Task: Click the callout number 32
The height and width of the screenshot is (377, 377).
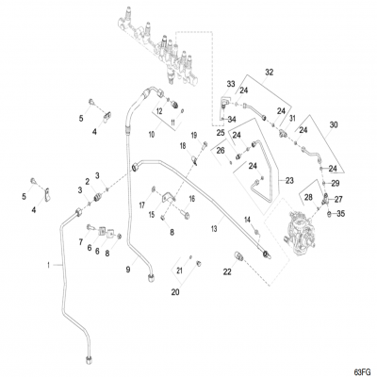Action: [x=269, y=72]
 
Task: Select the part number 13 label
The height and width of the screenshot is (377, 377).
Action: [x=215, y=228]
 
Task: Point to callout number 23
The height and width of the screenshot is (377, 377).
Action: [x=290, y=179]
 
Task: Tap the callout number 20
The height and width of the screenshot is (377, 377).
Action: [x=175, y=292]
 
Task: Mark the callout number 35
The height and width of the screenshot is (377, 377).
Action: [x=342, y=215]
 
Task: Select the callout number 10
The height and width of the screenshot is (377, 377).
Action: [x=150, y=135]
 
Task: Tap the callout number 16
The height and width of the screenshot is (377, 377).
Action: [x=191, y=199]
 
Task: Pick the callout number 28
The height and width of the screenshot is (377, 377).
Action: [x=307, y=197]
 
